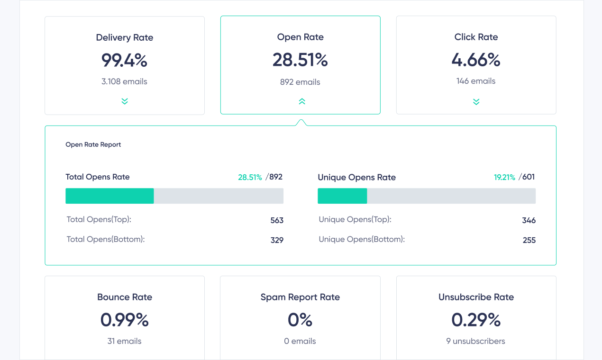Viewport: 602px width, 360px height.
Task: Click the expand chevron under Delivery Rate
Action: tap(125, 101)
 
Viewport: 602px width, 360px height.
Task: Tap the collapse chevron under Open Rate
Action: tap(302, 101)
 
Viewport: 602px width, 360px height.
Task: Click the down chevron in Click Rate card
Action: tap(476, 102)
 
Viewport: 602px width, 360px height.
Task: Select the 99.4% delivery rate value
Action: tap(125, 60)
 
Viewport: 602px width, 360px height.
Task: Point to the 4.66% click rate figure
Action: tap(476, 60)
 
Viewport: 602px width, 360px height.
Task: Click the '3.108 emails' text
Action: tap(125, 81)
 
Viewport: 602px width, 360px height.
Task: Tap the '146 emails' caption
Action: tap(476, 81)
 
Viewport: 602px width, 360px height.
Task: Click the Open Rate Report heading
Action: tap(93, 144)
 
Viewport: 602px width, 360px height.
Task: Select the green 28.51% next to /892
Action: tap(250, 177)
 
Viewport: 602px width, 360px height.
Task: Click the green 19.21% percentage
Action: tap(504, 177)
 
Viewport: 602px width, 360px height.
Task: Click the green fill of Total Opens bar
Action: tap(109, 196)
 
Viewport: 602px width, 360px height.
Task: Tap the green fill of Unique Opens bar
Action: tap(342, 196)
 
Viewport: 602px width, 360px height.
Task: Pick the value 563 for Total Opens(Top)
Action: tap(277, 220)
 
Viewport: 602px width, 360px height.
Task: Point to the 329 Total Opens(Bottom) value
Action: tap(277, 240)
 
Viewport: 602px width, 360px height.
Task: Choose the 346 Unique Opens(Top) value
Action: tap(529, 220)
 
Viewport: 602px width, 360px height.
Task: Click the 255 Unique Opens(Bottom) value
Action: tap(529, 240)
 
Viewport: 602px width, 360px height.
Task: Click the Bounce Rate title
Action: tap(125, 297)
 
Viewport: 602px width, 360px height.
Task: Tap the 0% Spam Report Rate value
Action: tap(300, 320)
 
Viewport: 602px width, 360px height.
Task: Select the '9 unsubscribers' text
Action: tap(476, 341)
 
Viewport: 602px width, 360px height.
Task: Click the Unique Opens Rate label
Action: tap(356, 177)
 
